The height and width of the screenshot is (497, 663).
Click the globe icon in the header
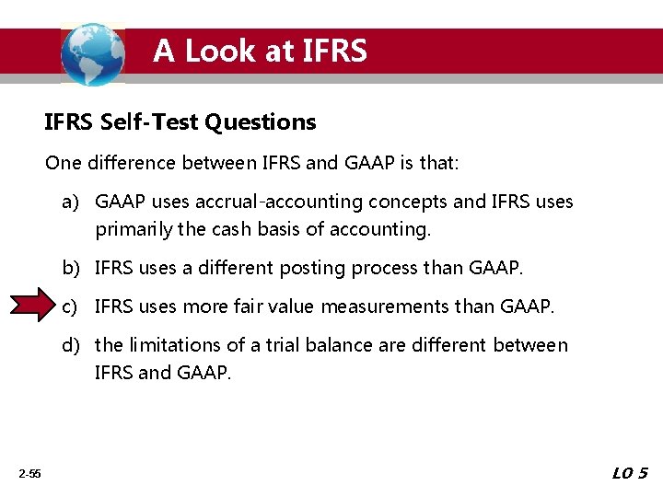click(x=92, y=53)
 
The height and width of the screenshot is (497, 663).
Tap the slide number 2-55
click(x=29, y=474)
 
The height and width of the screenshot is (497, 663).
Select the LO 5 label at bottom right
click(x=630, y=473)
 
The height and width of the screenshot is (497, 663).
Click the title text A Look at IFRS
click(x=260, y=51)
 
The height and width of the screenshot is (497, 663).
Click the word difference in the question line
click(x=130, y=163)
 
